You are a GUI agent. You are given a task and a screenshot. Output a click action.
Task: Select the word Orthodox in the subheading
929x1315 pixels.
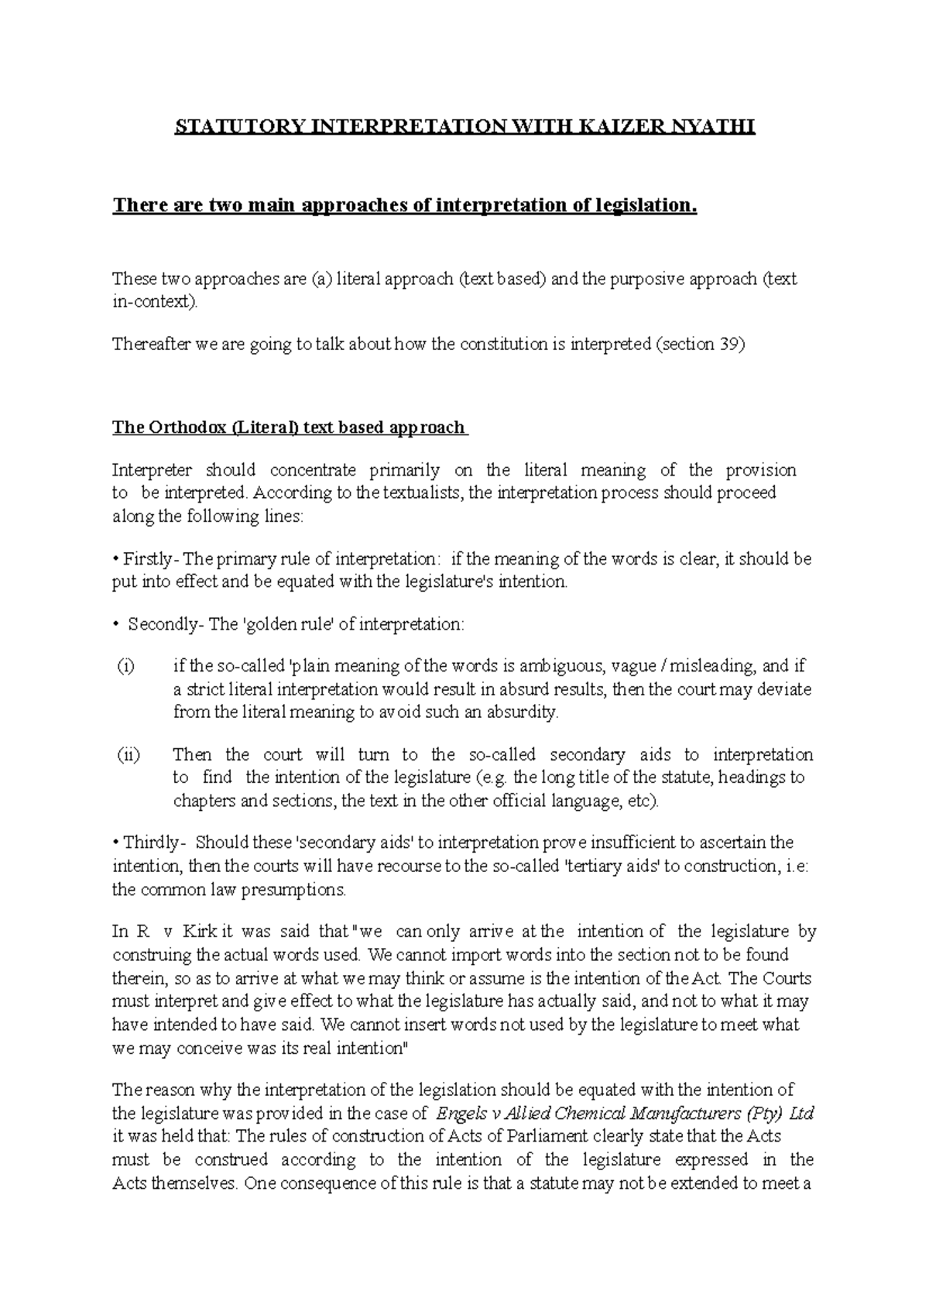coord(184,427)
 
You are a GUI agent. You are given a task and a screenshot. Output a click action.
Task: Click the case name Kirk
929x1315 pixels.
coord(201,932)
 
